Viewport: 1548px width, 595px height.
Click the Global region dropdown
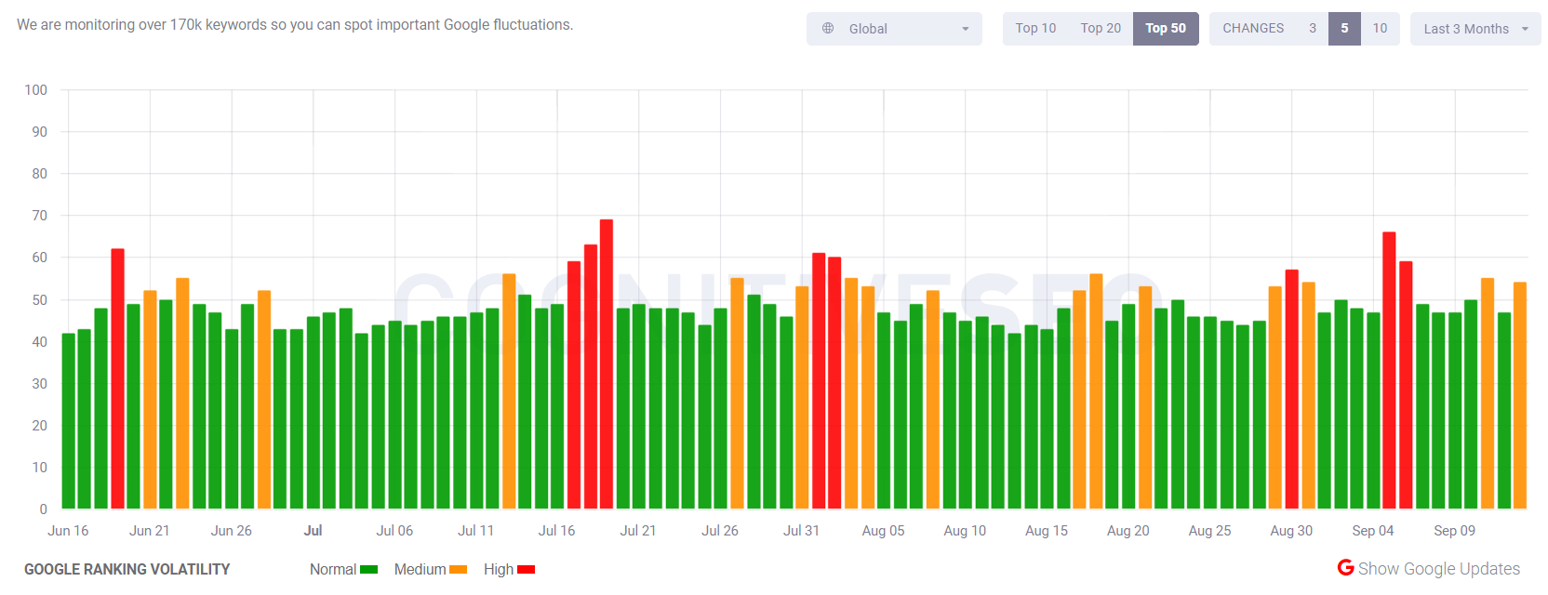[x=894, y=29]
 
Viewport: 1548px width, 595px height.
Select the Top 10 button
[x=1035, y=29]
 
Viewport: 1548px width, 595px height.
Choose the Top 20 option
[x=1101, y=29]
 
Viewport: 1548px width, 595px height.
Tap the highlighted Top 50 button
[x=1166, y=29]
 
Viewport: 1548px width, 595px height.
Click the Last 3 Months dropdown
[x=1475, y=29]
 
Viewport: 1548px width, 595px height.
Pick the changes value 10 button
[x=1380, y=29]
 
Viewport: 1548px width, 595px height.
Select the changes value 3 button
[x=1313, y=29]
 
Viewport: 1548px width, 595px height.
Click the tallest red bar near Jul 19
[x=607, y=363]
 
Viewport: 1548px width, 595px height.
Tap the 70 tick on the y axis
[x=39, y=216]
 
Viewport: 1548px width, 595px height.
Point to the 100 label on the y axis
[x=36, y=90]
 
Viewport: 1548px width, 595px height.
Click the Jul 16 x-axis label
[x=556, y=531]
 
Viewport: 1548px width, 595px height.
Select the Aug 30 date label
[x=1291, y=531]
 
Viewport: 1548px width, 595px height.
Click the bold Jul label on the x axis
[x=313, y=531]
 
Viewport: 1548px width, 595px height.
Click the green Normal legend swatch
[x=368, y=570]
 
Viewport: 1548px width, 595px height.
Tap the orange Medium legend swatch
[x=458, y=570]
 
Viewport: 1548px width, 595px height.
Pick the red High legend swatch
[x=526, y=570]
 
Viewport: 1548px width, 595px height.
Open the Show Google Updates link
[x=1429, y=569]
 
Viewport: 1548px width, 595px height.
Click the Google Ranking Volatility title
[x=127, y=570]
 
